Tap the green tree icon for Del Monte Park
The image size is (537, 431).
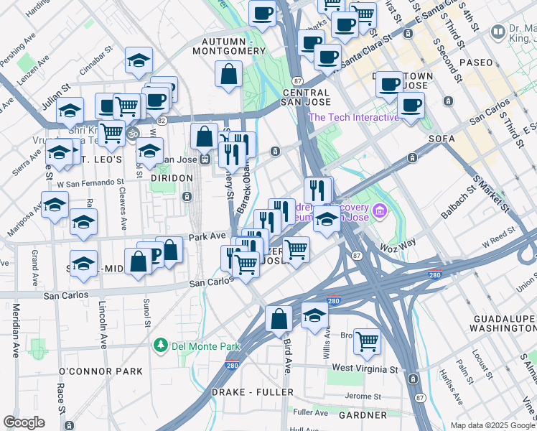(x=160, y=346)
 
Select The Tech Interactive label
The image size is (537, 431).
(x=353, y=118)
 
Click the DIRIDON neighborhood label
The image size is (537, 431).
(x=172, y=177)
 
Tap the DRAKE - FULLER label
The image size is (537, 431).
(x=252, y=392)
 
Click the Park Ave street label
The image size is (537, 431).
(x=207, y=236)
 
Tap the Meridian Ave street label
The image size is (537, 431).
(x=15, y=331)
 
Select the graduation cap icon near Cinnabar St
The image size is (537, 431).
(x=139, y=62)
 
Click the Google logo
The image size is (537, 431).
(x=24, y=422)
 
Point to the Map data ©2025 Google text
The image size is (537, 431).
(x=492, y=425)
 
